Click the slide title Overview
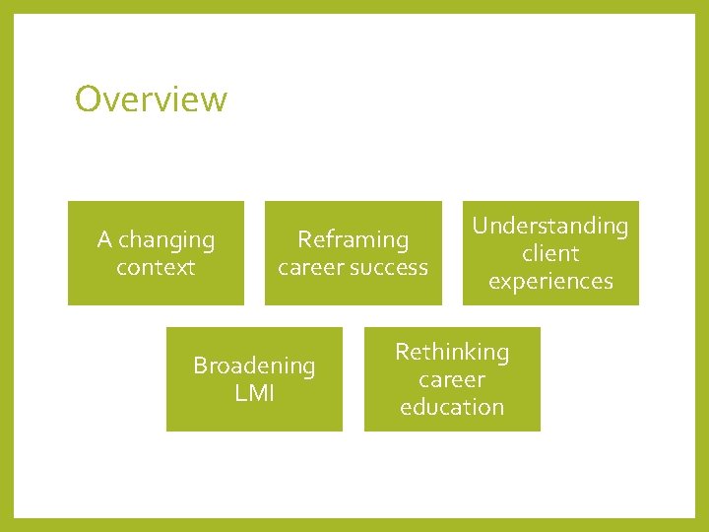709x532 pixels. tap(151, 100)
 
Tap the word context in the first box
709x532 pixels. tap(156, 267)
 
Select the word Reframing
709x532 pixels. tap(353, 240)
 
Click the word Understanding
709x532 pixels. tap(549, 227)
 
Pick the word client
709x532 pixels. tap(550, 254)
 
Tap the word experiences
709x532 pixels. tap(550, 282)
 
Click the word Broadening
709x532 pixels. tap(254, 366)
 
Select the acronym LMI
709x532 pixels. tap(254, 394)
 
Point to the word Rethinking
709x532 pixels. tap(452, 353)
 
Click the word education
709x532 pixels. tap(452, 408)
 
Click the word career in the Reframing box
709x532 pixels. tap(309, 267)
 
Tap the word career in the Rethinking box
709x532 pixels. tap(452, 380)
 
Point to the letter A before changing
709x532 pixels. tap(104, 240)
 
